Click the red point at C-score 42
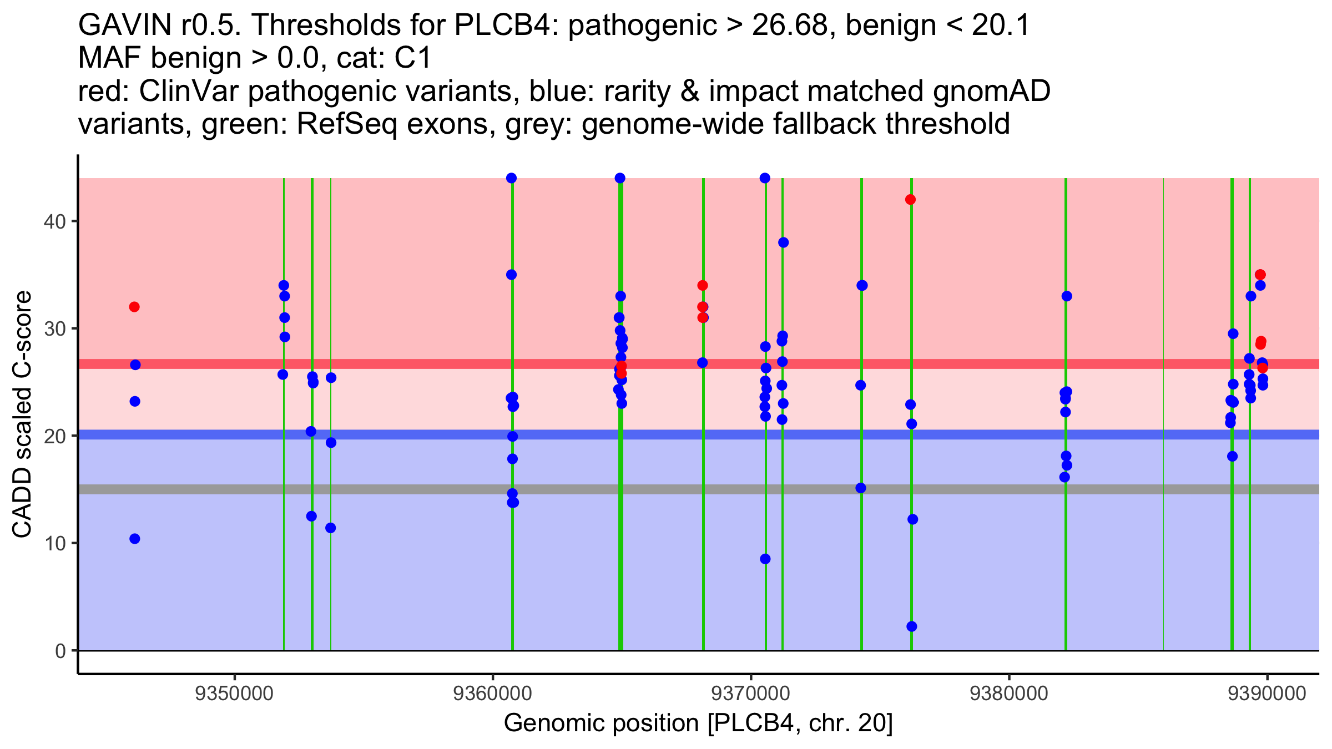(910, 200)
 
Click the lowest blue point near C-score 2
(911, 626)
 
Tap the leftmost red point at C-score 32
(134, 307)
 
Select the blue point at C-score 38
(783, 242)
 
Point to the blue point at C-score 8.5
(765, 559)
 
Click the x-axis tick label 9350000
(234, 694)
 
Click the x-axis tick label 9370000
(751, 694)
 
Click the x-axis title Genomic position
(698, 723)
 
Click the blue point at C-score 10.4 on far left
(135, 539)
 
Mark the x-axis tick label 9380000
(1009, 694)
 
